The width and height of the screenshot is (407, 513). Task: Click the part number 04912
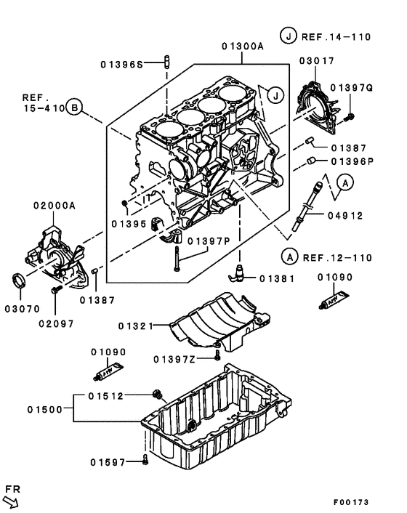point(346,215)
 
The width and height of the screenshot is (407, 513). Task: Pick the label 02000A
point(54,206)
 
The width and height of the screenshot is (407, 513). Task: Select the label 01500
point(50,411)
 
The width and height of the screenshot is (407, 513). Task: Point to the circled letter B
point(75,109)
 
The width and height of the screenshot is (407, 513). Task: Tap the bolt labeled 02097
point(56,291)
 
